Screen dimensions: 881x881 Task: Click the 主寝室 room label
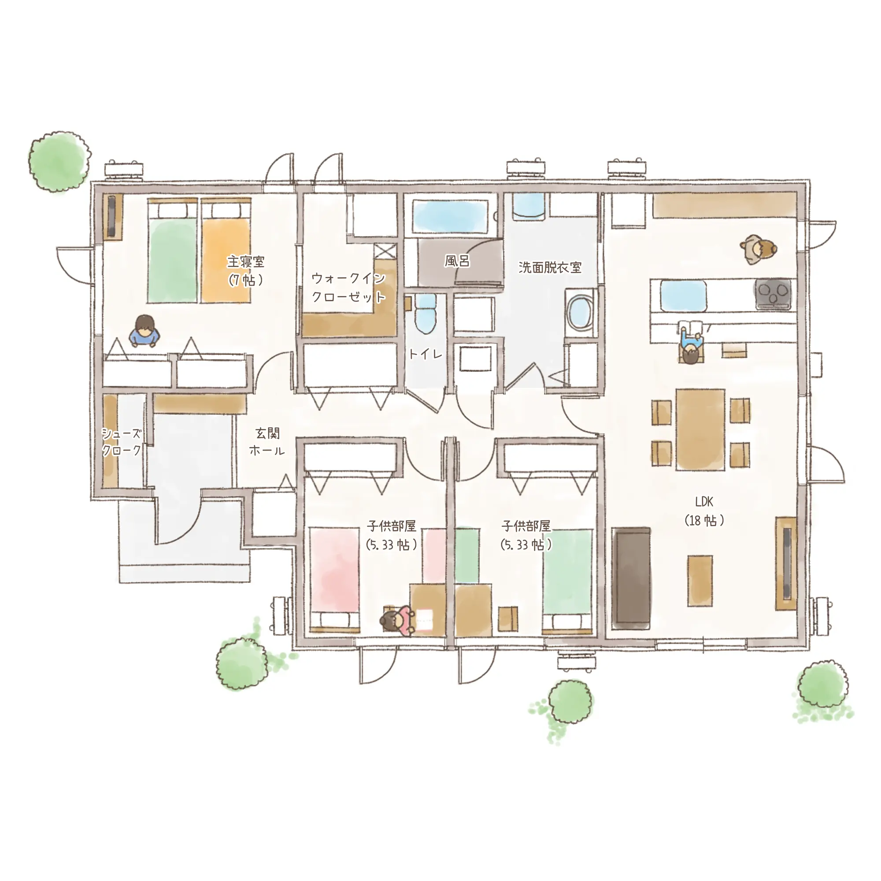(246, 262)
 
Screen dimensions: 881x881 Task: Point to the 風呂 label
(457, 261)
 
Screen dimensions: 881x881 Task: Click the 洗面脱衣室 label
(550, 267)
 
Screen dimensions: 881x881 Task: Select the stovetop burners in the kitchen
(774, 294)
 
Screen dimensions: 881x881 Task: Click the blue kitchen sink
(683, 296)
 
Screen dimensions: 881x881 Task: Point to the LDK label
(704, 502)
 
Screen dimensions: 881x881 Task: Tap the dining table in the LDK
(700, 429)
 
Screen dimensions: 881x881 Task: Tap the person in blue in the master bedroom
(144, 331)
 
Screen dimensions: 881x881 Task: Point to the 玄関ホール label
(267, 441)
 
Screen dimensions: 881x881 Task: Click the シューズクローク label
(121, 441)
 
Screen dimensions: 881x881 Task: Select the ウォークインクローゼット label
(349, 287)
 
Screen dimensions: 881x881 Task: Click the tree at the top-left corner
(60, 161)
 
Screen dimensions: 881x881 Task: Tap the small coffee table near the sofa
(700, 581)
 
